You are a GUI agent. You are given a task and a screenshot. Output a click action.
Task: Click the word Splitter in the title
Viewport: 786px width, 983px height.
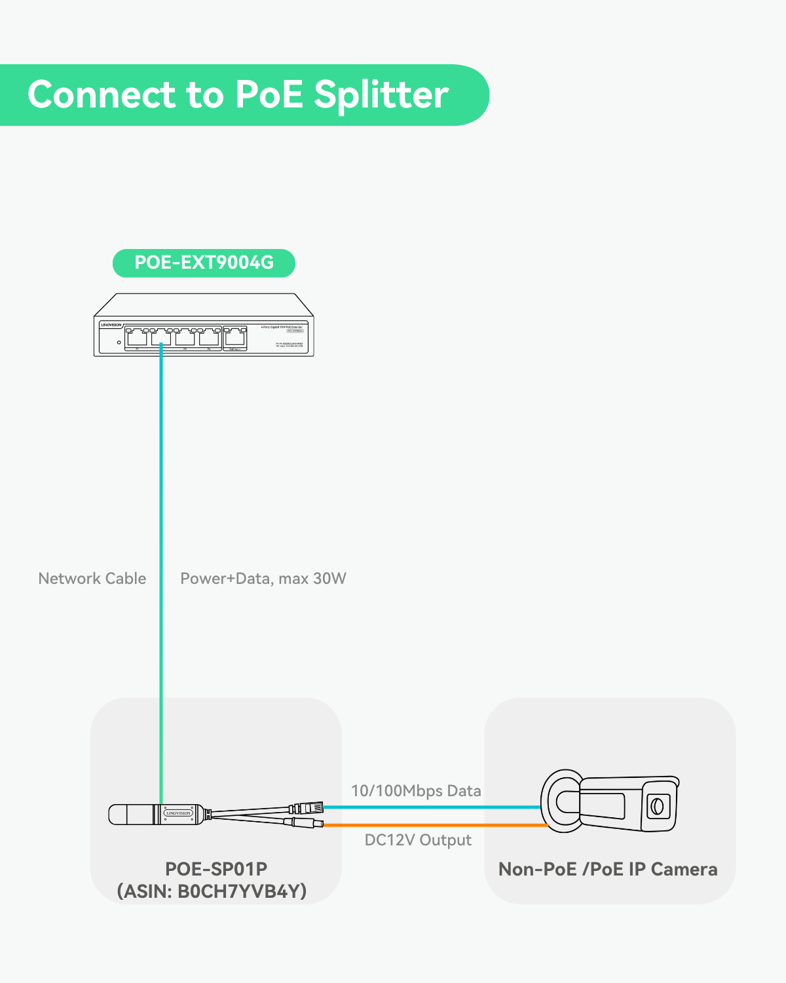click(x=381, y=96)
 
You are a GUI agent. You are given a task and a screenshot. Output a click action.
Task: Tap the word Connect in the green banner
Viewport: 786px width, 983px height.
click(x=102, y=94)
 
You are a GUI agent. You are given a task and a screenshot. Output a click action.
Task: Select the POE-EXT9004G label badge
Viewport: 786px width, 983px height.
click(x=204, y=263)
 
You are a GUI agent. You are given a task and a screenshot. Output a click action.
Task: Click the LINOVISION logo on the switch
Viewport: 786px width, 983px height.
click(x=111, y=325)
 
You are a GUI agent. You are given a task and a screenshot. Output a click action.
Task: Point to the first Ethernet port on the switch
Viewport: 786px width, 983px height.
click(x=137, y=337)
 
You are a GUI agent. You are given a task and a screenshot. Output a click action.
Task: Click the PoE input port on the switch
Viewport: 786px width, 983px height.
click(x=235, y=337)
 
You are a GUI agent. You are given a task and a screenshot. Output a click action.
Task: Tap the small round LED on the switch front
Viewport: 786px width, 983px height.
click(x=119, y=341)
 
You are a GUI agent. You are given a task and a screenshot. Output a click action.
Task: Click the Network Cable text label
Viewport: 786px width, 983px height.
click(x=92, y=579)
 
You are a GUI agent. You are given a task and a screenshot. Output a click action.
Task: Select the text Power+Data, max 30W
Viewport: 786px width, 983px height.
click(x=263, y=579)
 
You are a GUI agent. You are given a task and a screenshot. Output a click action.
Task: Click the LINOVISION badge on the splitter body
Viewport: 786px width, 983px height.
click(x=178, y=813)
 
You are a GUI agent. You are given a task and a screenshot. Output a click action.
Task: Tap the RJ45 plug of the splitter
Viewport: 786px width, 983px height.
click(x=311, y=807)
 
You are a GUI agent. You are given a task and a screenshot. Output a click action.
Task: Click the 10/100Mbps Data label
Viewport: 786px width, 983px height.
click(x=416, y=791)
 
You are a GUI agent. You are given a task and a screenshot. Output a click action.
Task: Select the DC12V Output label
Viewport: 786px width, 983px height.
click(x=418, y=840)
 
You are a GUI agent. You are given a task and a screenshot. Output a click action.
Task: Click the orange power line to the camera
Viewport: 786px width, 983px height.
click(x=432, y=825)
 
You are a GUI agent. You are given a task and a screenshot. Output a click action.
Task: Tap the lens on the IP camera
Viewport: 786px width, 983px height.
click(x=656, y=805)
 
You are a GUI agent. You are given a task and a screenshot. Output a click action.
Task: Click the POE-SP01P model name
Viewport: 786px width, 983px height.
click(x=216, y=869)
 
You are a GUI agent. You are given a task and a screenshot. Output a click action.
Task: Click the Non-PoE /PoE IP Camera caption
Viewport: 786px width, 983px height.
click(x=608, y=870)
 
